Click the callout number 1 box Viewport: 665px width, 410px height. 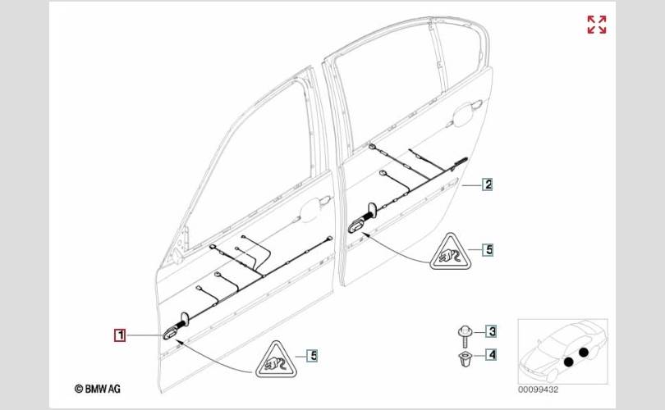(120, 335)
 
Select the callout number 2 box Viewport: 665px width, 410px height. (488, 184)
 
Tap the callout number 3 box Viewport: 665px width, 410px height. (491, 331)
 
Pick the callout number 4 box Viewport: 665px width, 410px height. (491, 354)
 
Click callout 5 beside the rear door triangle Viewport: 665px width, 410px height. (488, 249)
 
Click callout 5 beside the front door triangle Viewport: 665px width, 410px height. (313, 355)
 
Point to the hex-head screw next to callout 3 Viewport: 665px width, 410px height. (465, 336)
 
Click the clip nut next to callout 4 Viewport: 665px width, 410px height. (464, 359)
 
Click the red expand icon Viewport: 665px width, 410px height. (597, 25)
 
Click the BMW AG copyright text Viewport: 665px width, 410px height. (98, 389)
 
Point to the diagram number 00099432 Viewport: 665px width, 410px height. (538, 389)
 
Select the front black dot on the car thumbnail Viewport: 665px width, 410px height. (568, 362)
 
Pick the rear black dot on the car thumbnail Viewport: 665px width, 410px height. (584, 352)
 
